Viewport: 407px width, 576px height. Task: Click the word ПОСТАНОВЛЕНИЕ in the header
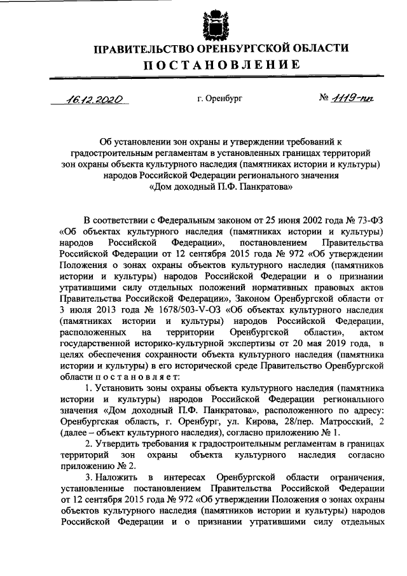[220, 64]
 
